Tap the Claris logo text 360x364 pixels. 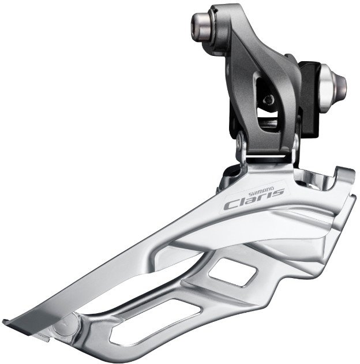click(x=253, y=200)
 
